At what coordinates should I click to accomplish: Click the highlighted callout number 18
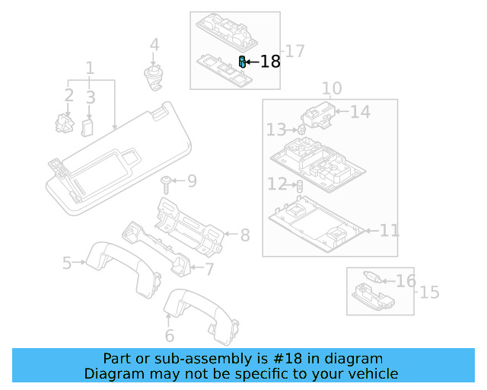pyautogui.click(x=270, y=62)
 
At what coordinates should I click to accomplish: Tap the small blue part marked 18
pyautogui.click(x=242, y=62)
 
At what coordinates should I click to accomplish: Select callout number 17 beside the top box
pyautogui.click(x=294, y=51)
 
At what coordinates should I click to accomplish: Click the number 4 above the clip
pyautogui.click(x=154, y=45)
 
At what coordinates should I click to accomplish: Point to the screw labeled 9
pyautogui.click(x=165, y=181)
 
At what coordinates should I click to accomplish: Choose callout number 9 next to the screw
pyautogui.click(x=191, y=181)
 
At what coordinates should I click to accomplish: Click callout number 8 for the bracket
pyautogui.click(x=244, y=235)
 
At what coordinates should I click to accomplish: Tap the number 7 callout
pyautogui.click(x=209, y=268)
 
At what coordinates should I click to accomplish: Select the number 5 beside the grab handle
pyautogui.click(x=67, y=264)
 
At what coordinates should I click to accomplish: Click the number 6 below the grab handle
pyautogui.click(x=169, y=335)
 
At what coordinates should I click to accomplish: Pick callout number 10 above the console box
pyautogui.click(x=332, y=88)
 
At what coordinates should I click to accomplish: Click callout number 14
pyautogui.click(x=360, y=112)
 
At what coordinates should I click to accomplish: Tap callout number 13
pyautogui.click(x=276, y=131)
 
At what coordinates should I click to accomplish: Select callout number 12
pyautogui.click(x=276, y=184)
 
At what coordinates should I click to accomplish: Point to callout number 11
pyautogui.click(x=389, y=230)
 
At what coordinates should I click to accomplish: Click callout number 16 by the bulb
pyautogui.click(x=406, y=281)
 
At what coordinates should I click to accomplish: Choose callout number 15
pyautogui.click(x=430, y=292)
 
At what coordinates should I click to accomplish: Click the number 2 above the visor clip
pyautogui.click(x=68, y=96)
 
